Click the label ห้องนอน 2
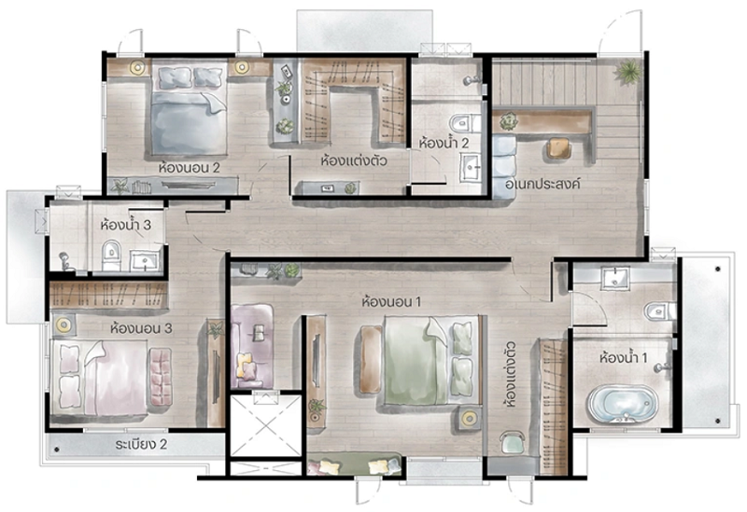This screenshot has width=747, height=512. click(x=190, y=168)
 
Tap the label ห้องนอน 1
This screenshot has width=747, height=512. click(x=391, y=301)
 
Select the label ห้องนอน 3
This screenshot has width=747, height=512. click(x=141, y=328)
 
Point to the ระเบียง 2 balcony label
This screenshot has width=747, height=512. click(x=141, y=445)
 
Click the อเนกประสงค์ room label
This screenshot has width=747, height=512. click(x=543, y=184)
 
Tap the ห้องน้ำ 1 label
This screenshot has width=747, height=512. click(x=623, y=357)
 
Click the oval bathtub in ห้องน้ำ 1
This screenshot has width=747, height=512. click(x=623, y=405)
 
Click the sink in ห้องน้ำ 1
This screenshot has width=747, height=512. click(x=615, y=278)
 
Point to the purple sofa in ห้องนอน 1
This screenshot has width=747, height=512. click(x=251, y=346)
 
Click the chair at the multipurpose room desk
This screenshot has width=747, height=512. click(x=558, y=148)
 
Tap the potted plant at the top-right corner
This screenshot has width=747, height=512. click(x=628, y=72)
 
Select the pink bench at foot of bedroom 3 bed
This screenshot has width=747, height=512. click(x=161, y=377)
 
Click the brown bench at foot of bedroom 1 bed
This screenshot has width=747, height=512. click(x=371, y=360)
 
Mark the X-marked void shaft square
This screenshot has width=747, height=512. click(x=266, y=426)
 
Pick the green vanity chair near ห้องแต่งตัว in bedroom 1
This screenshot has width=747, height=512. click(x=512, y=443)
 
